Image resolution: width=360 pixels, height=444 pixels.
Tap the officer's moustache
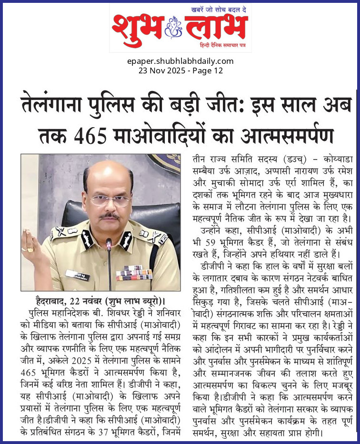pyautogui.click(x=109, y=215)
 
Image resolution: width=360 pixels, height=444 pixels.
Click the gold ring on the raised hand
pyautogui.click(x=30, y=249)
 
